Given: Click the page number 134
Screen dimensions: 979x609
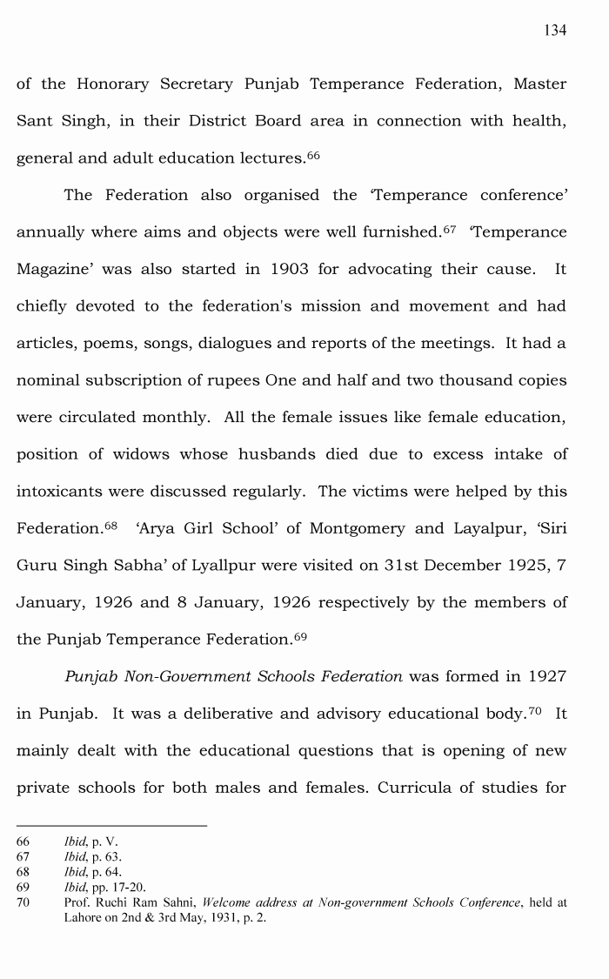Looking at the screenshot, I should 555,30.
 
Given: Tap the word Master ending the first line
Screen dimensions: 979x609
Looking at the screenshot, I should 539,84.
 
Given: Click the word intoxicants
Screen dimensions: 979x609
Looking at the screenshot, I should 57,492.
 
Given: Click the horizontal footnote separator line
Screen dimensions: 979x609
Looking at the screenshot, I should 112,826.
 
